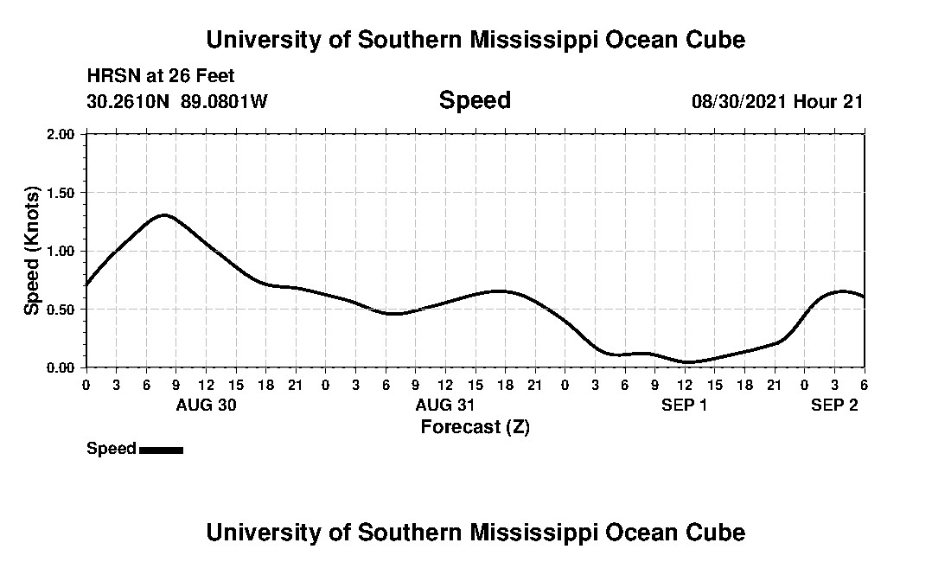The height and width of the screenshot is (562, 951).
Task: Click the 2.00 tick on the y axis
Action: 65,134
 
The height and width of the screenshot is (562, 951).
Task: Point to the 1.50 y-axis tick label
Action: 65,193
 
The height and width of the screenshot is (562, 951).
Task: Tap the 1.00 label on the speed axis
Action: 65,251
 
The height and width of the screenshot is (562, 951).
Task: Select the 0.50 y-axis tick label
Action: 65,310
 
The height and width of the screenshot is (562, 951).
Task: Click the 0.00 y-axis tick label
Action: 65,367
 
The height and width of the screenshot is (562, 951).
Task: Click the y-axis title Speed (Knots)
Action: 32,251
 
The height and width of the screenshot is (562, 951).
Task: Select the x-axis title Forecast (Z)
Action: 475,426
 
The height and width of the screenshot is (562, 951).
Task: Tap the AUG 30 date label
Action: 206,405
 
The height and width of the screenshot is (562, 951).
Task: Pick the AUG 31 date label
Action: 444,405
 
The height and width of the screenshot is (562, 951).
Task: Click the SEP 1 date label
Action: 685,405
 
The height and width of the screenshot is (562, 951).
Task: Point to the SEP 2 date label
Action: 834,405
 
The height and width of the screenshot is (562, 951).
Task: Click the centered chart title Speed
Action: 475,100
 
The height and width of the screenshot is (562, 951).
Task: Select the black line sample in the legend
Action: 161,450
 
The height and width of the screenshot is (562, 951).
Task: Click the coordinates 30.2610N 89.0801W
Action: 177,101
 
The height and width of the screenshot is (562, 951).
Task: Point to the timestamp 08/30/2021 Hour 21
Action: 777,101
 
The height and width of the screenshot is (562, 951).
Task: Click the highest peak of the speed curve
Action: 163,215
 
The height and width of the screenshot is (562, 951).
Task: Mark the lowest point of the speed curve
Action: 686,362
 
